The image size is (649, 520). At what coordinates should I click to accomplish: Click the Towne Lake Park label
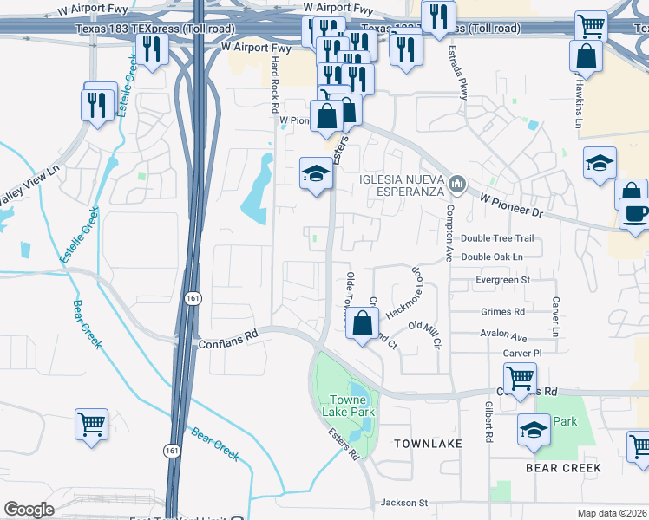[352, 406]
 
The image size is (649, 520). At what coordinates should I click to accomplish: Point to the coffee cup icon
[633, 214]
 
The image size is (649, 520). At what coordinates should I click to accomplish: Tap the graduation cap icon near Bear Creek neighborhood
[534, 428]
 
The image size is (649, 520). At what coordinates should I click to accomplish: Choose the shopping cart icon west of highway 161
[90, 425]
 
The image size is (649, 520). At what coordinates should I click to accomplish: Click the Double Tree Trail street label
[497, 238]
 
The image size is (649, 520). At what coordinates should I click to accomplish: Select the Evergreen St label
[501, 280]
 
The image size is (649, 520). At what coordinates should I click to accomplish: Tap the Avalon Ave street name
[503, 335]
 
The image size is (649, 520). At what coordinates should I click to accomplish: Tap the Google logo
[29, 510]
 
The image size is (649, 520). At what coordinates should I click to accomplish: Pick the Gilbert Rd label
[489, 422]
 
